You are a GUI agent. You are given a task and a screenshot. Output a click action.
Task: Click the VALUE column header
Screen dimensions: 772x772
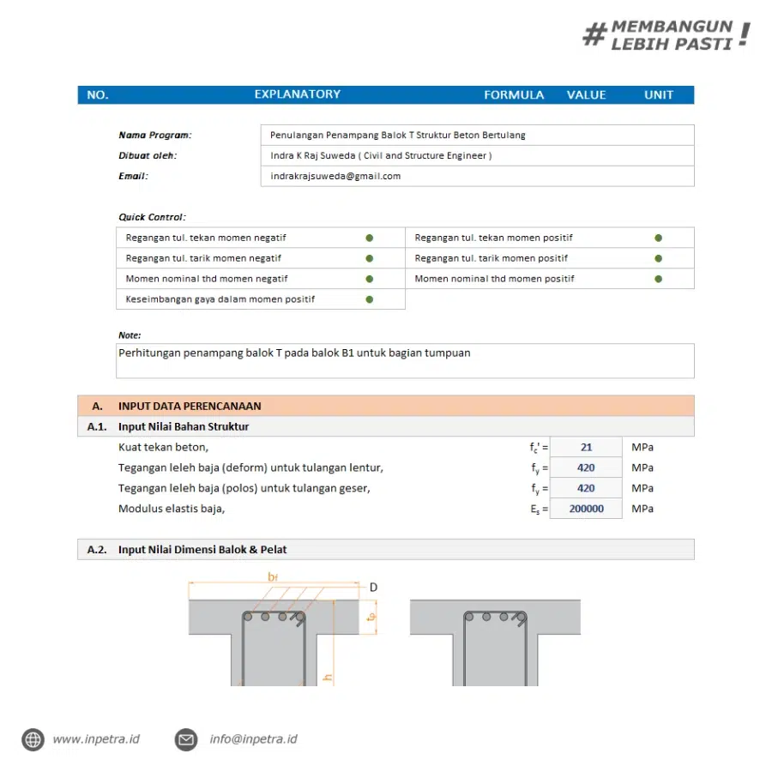tap(586, 95)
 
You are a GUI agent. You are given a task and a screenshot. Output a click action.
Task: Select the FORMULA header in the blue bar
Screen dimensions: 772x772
tap(514, 95)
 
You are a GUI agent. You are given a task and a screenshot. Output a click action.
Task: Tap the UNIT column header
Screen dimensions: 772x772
tap(659, 95)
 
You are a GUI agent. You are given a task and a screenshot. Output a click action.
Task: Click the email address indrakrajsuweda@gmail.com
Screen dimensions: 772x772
tap(335, 176)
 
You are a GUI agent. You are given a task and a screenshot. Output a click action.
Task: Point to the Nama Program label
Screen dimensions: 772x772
tap(155, 135)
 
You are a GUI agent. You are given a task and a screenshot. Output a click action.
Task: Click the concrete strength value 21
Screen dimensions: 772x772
tap(586, 447)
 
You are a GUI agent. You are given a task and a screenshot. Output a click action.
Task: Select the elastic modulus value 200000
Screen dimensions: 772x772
tap(586, 509)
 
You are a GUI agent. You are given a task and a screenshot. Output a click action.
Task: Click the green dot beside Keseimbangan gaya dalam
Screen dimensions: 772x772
tap(370, 299)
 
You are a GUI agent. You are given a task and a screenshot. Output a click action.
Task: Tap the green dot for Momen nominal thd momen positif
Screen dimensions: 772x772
tap(659, 279)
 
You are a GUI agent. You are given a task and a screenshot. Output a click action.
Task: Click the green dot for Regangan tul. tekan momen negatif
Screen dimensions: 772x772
tap(370, 238)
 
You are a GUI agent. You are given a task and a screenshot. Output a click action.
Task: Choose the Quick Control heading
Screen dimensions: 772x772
tap(152, 217)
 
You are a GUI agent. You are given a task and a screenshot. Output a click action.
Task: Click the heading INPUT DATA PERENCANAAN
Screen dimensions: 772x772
tap(190, 406)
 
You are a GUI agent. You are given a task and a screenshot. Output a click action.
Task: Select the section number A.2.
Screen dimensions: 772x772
tap(97, 550)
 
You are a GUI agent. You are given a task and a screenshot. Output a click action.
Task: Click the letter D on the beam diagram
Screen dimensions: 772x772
tap(373, 588)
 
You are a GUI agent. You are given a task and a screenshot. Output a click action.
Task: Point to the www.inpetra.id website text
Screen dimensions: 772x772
tap(96, 739)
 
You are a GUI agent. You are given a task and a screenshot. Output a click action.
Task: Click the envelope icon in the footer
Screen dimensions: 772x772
tap(186, 739)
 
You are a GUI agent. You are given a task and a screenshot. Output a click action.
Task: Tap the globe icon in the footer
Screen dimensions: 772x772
tap(33, 739)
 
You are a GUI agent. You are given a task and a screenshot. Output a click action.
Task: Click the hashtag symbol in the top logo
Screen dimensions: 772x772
tap(594, 35)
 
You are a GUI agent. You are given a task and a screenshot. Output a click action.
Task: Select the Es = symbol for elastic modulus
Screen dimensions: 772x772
tap(539, 510)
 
